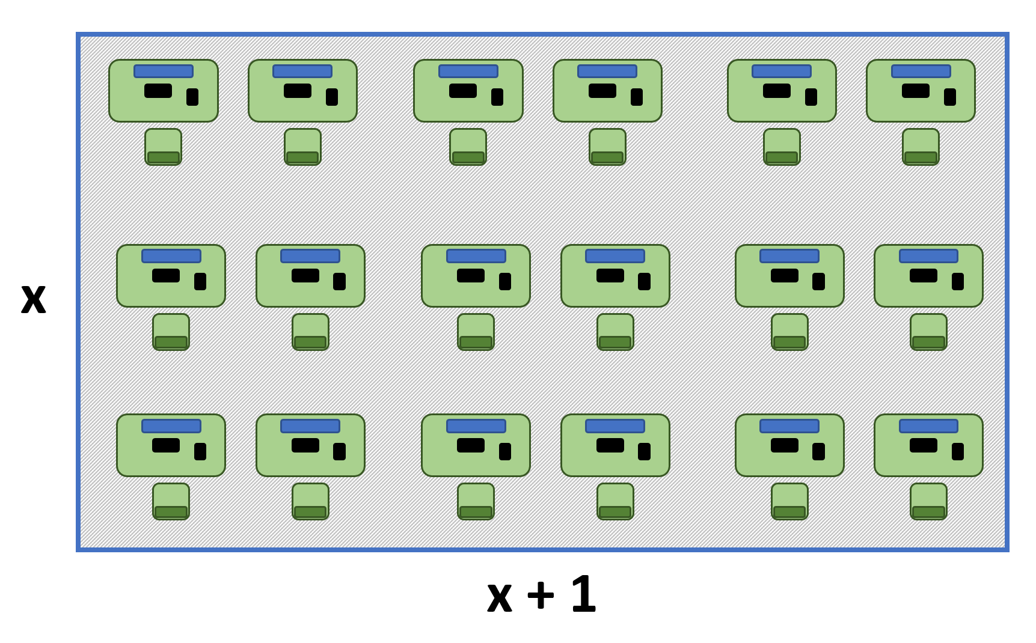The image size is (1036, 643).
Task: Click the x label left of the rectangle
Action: [x=34, y=299]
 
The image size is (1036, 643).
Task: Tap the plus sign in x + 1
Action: [x=541, y=595]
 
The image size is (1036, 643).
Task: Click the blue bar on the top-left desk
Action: [x=164, y=71]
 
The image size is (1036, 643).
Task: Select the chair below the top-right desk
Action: [x=921, y=147]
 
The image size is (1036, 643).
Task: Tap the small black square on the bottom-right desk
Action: [x=958, y=451]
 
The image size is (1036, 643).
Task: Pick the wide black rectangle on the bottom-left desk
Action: [x=166, y=445]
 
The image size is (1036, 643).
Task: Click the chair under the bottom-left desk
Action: [x=171, y=502]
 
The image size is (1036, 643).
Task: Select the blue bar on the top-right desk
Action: [x=921, y=71]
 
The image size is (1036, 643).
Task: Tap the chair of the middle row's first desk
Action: [x=171, y=332]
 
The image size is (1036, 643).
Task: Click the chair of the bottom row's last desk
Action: [x=928, y=502]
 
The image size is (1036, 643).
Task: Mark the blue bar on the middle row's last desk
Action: [x=929, y=256]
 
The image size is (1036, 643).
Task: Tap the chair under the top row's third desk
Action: [x=468, y=147]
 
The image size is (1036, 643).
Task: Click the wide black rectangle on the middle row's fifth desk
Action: [x=785, y=275]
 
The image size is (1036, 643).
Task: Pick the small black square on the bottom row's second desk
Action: [x=340, y=451]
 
